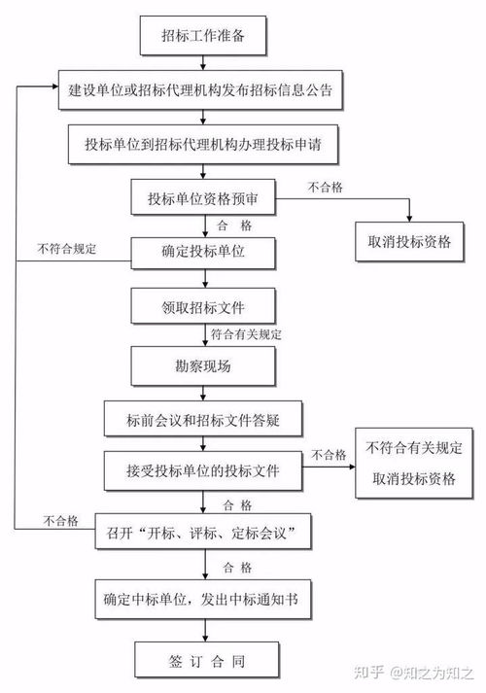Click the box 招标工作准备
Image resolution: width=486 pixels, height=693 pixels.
coord(203,38)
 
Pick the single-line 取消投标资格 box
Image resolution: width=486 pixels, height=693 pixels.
coord(409,242)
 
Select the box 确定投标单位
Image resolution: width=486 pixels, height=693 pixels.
coord(203,253)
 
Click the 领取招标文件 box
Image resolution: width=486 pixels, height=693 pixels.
coord(203,308)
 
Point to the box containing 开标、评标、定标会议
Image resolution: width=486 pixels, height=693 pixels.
coord(203,533)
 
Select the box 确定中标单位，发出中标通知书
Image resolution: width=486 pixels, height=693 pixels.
coord(203,597)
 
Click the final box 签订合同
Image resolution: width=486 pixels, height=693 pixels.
coord(205,660)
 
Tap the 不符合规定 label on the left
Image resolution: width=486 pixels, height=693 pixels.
coord(67,249)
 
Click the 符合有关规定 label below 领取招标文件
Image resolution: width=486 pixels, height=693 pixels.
coord(246,335)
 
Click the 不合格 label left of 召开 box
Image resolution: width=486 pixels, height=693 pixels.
coord(59,521)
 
